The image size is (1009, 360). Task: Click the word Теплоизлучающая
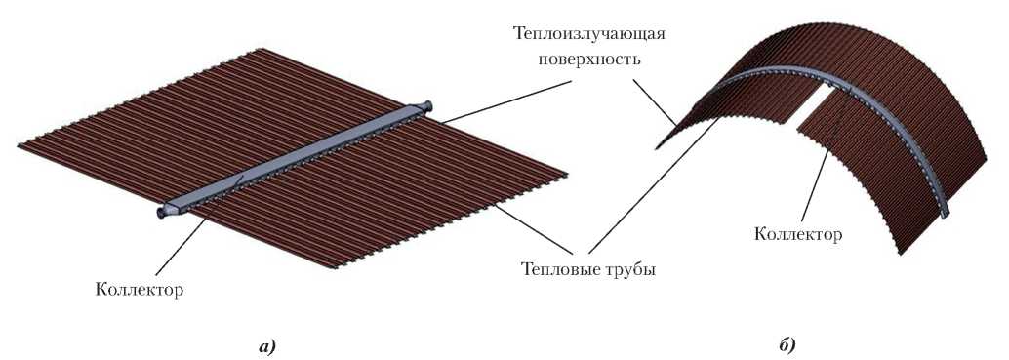[588, 34]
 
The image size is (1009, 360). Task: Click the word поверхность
[584, 60]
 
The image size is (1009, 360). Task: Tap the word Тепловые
[554, 270]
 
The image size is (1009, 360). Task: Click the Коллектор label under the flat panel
[139, 290]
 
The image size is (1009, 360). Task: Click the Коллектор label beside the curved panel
[798, 235]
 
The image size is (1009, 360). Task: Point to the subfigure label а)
[266, 347]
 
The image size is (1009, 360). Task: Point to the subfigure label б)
[787, 346]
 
